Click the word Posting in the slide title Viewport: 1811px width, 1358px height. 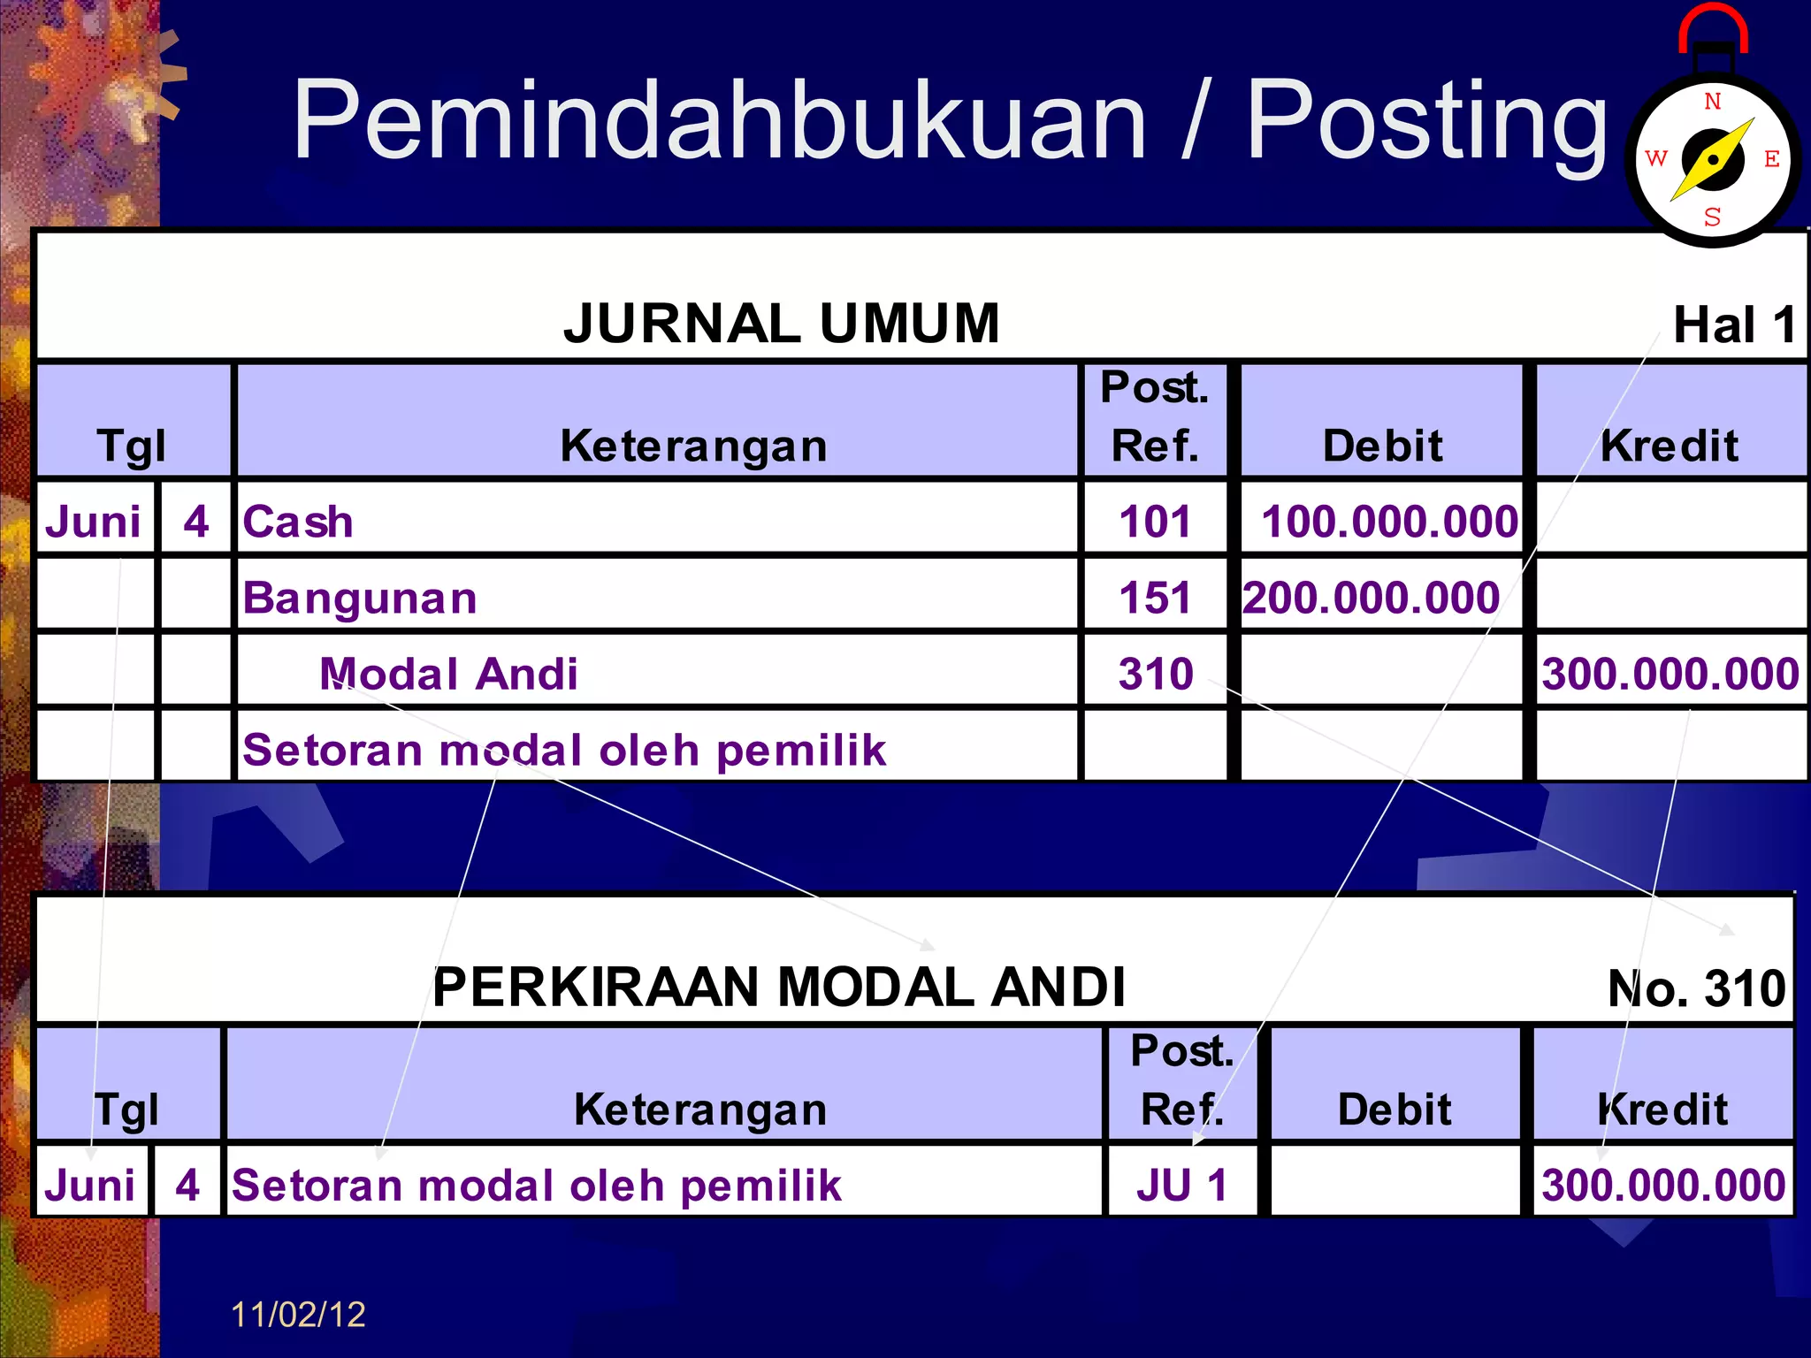1425,122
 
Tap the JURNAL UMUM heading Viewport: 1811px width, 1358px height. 782,323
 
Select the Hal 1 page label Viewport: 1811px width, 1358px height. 1734,324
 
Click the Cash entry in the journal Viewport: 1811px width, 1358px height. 298,522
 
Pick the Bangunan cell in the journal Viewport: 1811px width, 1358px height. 360,598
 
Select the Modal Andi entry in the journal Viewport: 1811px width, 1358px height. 448,674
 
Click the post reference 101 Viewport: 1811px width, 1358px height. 1155,522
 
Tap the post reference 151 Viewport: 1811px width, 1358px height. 1155,598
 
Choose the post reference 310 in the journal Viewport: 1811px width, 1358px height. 1155,674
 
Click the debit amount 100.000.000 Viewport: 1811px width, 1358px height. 1389,522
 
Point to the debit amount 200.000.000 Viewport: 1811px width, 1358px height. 1372,598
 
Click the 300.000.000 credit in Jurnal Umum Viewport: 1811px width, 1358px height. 1670,674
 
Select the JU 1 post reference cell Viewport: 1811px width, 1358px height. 1182,1185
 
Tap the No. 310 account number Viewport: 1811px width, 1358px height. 1696,988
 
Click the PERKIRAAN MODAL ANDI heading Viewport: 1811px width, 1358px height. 778,987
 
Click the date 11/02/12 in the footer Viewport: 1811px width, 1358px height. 298,1315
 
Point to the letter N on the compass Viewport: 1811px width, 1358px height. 1713,102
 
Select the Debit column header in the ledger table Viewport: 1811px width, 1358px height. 1395,1109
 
